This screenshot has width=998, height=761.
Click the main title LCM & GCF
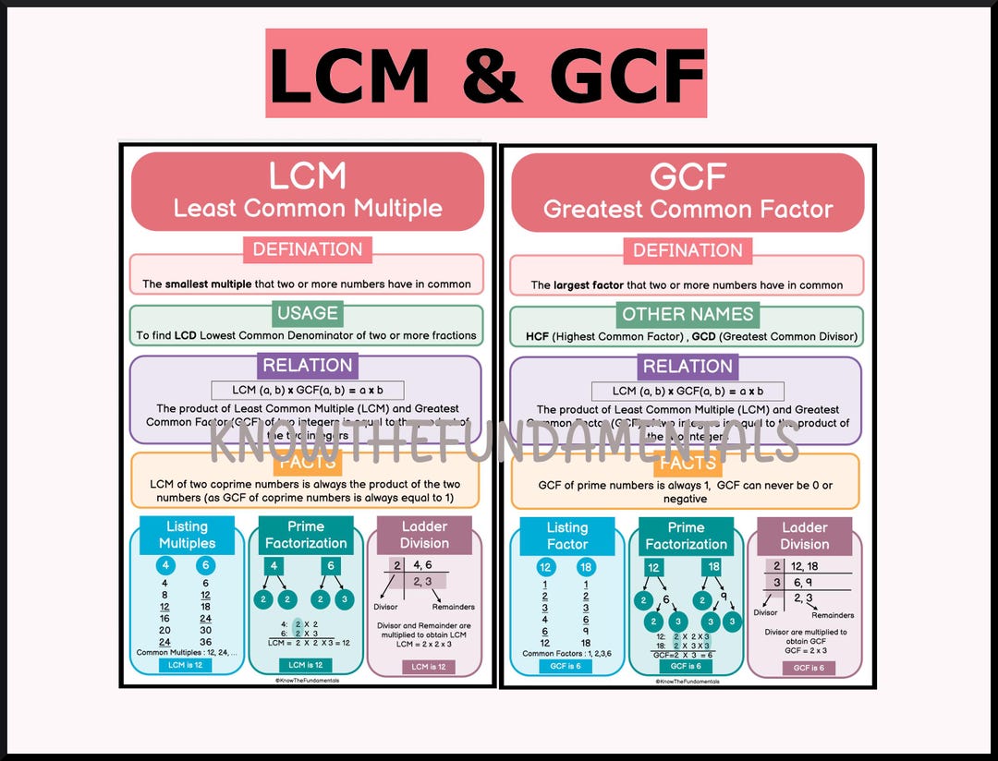tap(486, 74)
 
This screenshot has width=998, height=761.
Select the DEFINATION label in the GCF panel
tap(688, 250)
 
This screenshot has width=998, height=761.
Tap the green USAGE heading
tap(308, 313)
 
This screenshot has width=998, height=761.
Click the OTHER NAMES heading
tap(688, 314)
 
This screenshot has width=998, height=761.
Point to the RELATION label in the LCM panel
tap(307, 365)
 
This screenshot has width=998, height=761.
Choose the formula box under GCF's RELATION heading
tap(688, 391)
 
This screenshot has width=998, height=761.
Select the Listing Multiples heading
tap(187, 535)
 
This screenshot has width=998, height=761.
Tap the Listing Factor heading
tap(566, 536)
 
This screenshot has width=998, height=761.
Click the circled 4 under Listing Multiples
tap(164, 566)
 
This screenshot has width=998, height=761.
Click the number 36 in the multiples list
tap(205, 642)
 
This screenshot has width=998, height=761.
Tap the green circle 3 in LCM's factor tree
tap(345, 598)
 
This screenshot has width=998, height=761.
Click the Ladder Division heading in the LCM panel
tap(424, 535)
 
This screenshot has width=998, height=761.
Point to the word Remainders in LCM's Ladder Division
tap(453, 607)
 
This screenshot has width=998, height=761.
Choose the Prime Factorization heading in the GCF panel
tap(686, 536)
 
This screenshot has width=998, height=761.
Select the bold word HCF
tap(537, 337)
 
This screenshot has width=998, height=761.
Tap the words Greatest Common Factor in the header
tap(688, 209)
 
